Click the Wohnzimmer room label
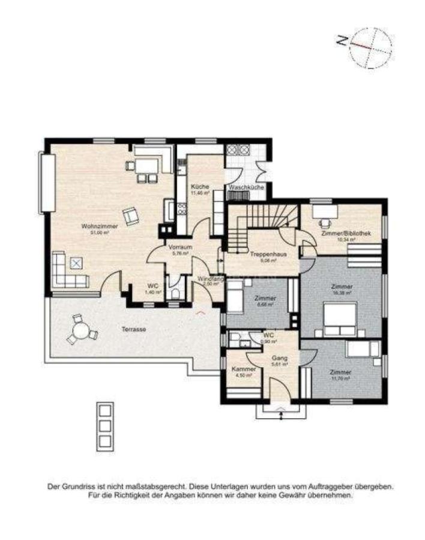pyautogui.click(x=99, y=226)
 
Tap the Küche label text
pyautogui.click(x=200, y=187)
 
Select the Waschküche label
pyautogui.click(x=246, y=188)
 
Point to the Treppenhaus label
pyautogui.click(x=268, y=254)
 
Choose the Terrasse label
pyautogui.click(x=133, y=329)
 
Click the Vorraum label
pyautogui.click(x=179, y=247)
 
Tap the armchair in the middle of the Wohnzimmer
pyautogui.click(x=130, y=215)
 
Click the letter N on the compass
pyautogui.click(x=342, y=41)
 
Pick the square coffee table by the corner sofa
pyautogui.click(x=76, y=262)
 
